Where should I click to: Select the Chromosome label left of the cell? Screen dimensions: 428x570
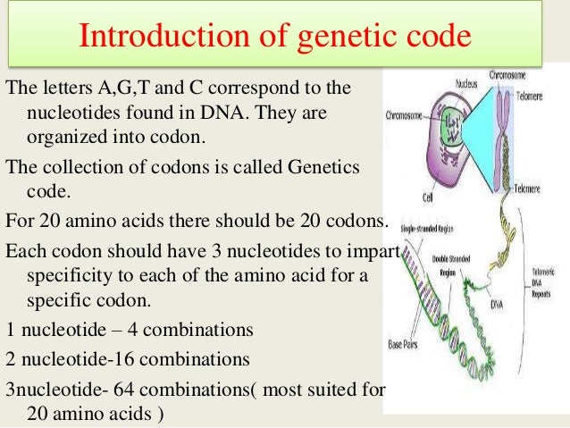(x=404, y=115)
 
